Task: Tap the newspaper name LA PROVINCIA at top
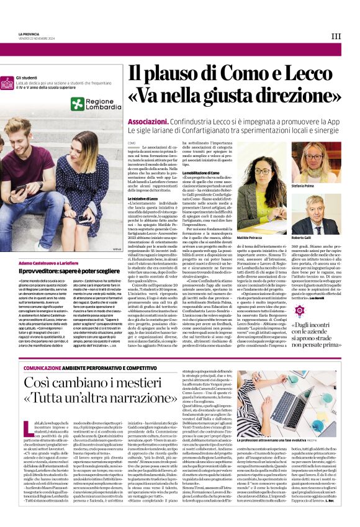tap(28, 34)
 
